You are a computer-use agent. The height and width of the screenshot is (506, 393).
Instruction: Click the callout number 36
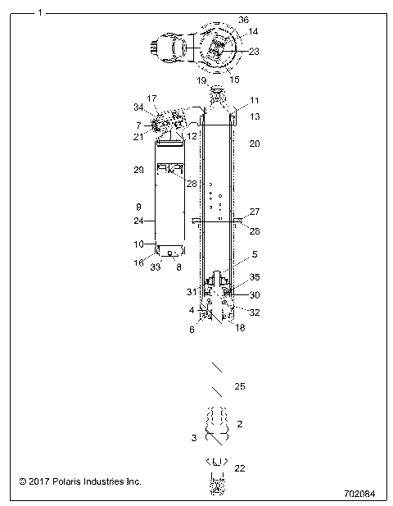click(243, 19)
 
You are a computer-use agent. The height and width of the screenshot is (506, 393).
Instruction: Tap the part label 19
click(201, 81)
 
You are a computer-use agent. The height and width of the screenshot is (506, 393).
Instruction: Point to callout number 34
click(138, 107)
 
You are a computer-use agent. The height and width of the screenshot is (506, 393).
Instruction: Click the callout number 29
click(138, 169)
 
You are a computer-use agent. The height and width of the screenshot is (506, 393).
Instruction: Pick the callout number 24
click(138, 221)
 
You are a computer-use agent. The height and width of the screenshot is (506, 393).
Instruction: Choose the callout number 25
click(239, 385)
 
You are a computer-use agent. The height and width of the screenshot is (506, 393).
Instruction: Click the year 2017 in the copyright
click(38, 481)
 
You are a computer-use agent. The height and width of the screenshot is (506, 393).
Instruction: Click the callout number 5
click(232, 254)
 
